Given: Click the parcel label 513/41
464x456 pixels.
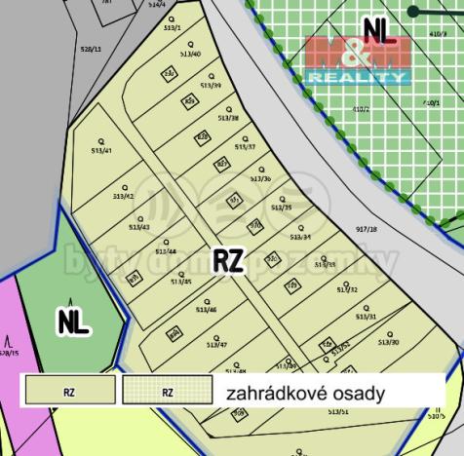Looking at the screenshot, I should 101,151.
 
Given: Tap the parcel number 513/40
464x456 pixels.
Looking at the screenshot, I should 190,55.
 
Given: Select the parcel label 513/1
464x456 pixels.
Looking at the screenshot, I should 174,29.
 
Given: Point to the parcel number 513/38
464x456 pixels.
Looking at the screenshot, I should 226,118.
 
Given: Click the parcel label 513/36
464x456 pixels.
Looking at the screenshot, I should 260,178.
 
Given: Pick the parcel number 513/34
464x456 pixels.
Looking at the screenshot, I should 300,237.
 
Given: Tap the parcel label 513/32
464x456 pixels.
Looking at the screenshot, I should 347,289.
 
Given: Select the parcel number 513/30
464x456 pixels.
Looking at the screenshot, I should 389,342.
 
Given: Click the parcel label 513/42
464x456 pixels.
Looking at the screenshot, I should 123,196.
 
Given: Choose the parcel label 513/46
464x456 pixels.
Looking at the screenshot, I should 206,310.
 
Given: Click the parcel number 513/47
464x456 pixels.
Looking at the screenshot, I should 216,345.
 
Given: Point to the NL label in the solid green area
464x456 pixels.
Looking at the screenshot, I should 73,323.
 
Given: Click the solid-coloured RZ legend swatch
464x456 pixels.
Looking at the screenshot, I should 68,393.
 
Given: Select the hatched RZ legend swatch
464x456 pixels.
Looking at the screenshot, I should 168,393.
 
